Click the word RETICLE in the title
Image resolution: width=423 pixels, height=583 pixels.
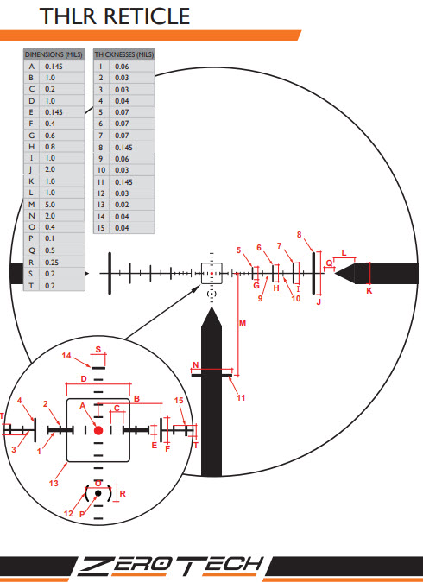click(x=147, y=16)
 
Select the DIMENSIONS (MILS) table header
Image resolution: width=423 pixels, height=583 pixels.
click(x=54, y=54)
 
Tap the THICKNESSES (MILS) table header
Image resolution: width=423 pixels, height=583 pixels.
click(x=123, y=54)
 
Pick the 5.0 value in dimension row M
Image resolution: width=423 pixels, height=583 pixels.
click(x=50, y=205)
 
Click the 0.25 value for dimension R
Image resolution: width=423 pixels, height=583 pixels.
click(x=52, y=262)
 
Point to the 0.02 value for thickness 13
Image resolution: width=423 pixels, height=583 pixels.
click(x=122, y=205)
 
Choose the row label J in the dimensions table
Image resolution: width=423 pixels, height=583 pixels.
click(x=31, y=169)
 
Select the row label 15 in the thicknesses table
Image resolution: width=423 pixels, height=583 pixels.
click(x=101, y=227)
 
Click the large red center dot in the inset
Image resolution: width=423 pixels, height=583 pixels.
click(x=98, y=430)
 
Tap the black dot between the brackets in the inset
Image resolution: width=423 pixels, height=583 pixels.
click(x=98, y=493)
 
